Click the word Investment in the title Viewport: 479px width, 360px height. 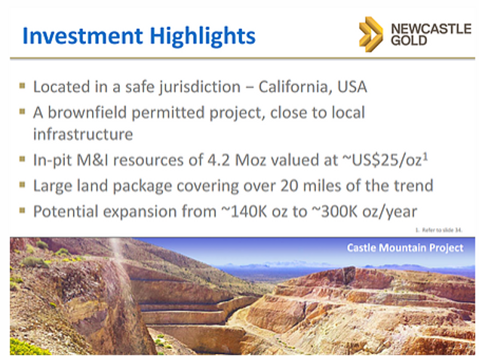[x=82, y=35]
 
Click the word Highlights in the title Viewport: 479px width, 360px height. [x=202, y=37]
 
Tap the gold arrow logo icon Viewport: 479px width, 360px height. [x=370, y=34]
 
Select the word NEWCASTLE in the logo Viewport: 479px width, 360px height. [x=431, y=29]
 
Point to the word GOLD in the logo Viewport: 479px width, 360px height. [x=409, y=40]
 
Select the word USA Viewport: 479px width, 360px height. [x=352, y=87]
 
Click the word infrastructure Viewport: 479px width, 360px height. [x=83, y=134]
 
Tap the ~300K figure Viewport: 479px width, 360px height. [x=334, y=211]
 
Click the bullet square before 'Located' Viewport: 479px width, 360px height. [x=22, y=85]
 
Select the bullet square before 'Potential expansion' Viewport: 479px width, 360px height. [x=22, y=210]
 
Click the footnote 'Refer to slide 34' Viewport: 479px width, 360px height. [x=439, y=230]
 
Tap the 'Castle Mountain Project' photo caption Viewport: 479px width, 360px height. [x=405, y=248]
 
